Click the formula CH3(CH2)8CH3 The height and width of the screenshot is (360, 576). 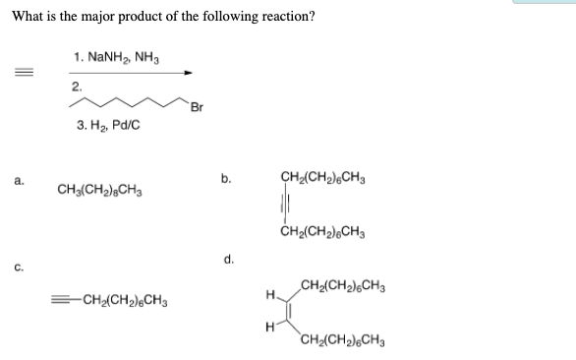click(x=102, y=189)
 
